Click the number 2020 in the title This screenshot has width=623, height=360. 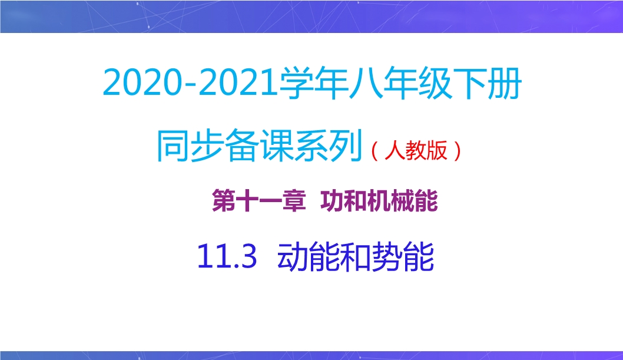tap(142, 82)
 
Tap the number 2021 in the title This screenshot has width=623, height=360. tap(237, 82)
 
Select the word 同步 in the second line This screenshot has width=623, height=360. tap(190, 146)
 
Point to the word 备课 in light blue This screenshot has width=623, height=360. tap(260, 146)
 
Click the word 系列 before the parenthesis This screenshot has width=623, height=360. tap(329, 146)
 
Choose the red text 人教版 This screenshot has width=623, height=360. tap(416, 150)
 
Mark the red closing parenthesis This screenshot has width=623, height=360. tap(457, 151)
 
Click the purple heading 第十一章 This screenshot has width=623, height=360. tap(259, 201)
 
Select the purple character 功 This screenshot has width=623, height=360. tap(332, 201)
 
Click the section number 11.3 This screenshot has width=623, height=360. tap(227, 257)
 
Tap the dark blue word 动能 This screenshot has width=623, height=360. tap(309, 257)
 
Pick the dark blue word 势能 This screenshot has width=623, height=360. tap(403, 257)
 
